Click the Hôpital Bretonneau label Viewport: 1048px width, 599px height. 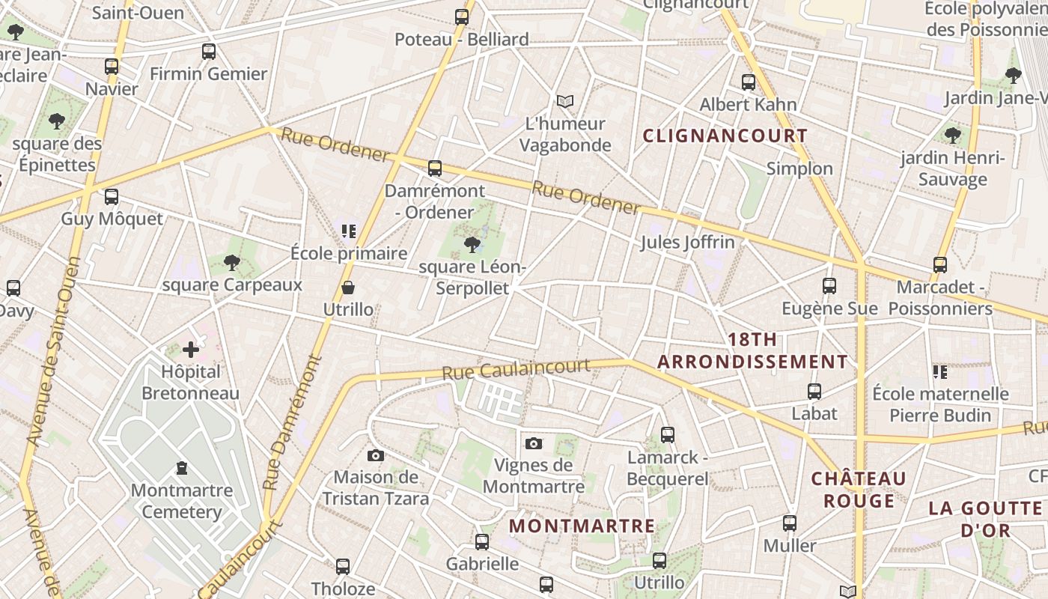point(191,383)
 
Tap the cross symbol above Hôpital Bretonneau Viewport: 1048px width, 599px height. point(191,349)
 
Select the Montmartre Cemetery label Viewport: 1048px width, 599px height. point(181,501)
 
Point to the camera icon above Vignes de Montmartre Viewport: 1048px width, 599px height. point(533,443)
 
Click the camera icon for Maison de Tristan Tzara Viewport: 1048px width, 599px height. point(376,455)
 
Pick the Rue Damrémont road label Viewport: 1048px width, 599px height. point(293,423)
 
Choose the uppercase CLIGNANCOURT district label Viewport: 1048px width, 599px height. point(725,136)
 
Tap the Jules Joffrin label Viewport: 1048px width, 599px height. point(687,242)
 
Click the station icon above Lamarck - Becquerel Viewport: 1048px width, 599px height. point(667,434)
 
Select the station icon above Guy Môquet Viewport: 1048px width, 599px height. point(112,197)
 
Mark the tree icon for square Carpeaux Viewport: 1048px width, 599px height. point(232,262)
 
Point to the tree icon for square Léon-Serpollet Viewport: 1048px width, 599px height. point(472,244)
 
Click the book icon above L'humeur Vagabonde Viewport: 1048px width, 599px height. point(565,101)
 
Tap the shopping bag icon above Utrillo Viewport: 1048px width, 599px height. point(348,288)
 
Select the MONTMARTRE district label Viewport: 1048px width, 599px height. point(582,526)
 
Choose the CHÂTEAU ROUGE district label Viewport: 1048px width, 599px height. point(859,489)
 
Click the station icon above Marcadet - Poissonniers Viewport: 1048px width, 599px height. point(940,264)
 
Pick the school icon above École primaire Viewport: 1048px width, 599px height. point(348,231)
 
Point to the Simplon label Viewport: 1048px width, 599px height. point(799,168)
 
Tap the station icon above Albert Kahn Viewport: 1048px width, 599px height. point(748,82)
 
